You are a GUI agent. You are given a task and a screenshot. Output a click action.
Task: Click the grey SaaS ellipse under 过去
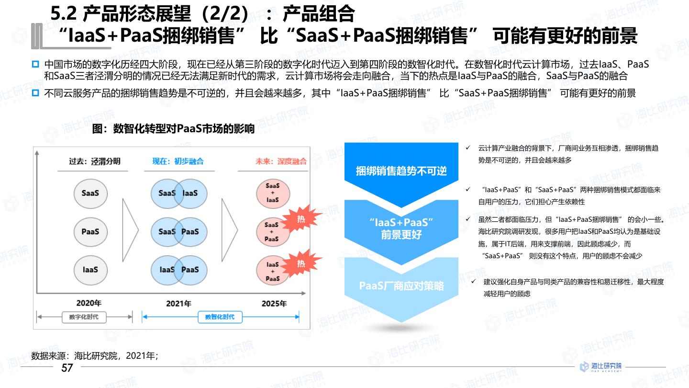[90, 193]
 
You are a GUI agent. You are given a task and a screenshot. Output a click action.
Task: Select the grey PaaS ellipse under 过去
[90, 231]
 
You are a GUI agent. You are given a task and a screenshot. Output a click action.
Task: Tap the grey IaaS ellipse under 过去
[90, 270]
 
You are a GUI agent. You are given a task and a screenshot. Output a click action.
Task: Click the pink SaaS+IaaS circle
[272, 193]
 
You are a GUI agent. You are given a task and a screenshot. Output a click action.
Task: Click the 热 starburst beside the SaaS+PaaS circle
[301, 219]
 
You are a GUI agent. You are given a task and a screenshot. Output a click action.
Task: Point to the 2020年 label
[89, 303]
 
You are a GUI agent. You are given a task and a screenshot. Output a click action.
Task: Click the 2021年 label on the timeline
[178, 304]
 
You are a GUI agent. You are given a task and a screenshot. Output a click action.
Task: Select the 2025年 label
[274, 304]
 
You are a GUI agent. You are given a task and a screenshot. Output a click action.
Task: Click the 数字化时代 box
[84, 317]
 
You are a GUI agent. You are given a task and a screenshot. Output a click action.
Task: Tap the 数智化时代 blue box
[220, 317]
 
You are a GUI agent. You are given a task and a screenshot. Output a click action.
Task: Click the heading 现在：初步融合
[178, 161]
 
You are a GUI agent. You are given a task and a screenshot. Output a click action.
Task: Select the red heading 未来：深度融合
[281, 161]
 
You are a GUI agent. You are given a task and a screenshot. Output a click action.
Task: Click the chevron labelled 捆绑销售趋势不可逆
[401, 171]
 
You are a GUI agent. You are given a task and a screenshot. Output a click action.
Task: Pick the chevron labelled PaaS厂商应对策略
[401, 286]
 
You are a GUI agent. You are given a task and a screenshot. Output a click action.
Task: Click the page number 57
[67, 368]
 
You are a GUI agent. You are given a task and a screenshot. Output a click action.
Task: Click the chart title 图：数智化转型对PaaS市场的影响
[174, 129]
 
